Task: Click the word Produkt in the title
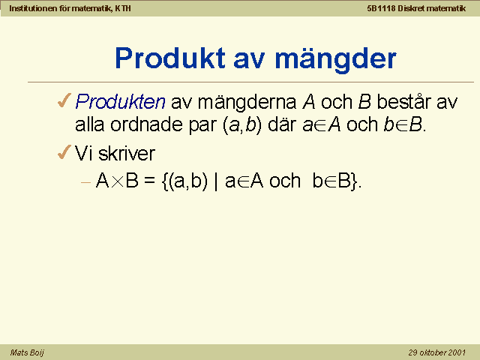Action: (170, 58)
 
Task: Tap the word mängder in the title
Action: (335, 60)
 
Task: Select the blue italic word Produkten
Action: (120, 102)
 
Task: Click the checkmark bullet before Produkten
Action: (64, 100)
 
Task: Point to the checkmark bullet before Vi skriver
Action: (64, 152)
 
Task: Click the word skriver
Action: (127, 153)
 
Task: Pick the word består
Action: (403, 101)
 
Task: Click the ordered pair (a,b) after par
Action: (242, 125)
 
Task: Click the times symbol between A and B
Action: (117, 181)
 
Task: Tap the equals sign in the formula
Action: (149, 181)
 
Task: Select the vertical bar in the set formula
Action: (217, 181)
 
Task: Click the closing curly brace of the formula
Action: (354, 181)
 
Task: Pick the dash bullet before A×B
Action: (86, 183)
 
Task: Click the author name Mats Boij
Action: (27, 352)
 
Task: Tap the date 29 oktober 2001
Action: (436, 352)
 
